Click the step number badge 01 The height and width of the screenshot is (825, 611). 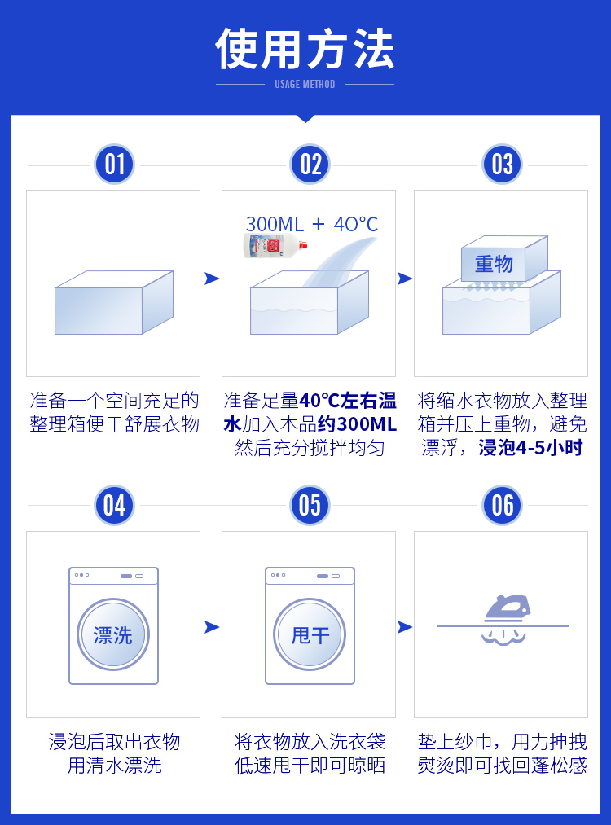coord(114,165)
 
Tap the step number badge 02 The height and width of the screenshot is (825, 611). coord(310,165)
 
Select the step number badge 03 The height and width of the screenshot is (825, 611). coord(503,165)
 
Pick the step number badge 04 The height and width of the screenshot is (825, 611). coord(114,505)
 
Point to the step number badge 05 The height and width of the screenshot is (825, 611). coord(310,505)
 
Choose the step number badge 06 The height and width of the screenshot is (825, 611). coord(503,505)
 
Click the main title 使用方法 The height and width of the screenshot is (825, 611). coord(305,49)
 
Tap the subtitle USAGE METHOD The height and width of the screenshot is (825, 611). coord(305,84)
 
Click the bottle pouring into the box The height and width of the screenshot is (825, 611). coord(275,245)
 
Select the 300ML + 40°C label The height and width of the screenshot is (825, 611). coord(312,224)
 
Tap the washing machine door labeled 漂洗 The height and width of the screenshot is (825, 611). coord(113,634)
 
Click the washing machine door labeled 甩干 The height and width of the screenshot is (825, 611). coord(310,634)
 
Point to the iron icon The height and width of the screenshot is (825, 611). coord(507,607)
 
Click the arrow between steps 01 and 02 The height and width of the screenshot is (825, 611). coord(212,279)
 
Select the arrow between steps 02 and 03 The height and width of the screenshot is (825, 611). coord(405,279)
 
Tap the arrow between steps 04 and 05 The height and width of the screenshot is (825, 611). coord(212,626)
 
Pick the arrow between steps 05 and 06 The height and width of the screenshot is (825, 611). coord(405,626)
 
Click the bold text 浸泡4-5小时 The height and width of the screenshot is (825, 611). coord(530,448)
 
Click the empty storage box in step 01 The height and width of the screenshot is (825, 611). coord(113,303)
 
